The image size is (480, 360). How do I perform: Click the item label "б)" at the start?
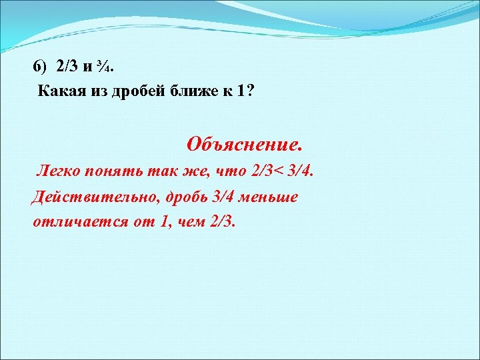tap(41, 67)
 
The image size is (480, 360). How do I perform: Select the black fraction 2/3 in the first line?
tap(67, 67)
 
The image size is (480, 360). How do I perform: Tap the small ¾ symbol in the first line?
tap(109, 67)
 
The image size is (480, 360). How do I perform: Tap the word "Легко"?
tap(59, 172)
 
